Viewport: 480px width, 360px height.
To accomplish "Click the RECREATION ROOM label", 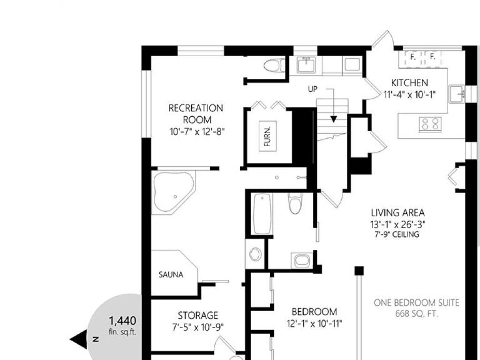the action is pyautogui.click(x=196, y=114).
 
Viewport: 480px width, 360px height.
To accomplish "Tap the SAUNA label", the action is pyautogui.click(x=171, y=275).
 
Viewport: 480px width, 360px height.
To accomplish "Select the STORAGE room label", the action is pyautogui.click(x=198, y=315).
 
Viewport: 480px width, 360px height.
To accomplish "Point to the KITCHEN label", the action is pyautogui.click(x=410, y=82).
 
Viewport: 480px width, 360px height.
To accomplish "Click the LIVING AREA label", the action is pyautogui.click(x=397, y=212).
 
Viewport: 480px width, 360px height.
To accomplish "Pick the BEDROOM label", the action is pyautogui.click(x=315, y=312).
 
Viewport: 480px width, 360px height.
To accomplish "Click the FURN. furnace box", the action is pyautogui.click(x=268, y=136).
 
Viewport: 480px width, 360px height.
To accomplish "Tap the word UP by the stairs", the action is pyautogui.click(x=313, y=89).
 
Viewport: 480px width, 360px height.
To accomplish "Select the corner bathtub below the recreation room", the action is pyautogui.click(x=173, y=192).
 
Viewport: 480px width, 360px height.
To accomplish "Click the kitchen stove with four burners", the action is pyautogui.click(x=430, y=125).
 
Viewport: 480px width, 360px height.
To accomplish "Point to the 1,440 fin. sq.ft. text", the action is pyautogui.click(x=122, y=325).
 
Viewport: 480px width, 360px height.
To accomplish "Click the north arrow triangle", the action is pyautogui.click(x=79, y=339).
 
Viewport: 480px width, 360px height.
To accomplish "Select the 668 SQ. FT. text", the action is pyautogui.click(x=416, y=314).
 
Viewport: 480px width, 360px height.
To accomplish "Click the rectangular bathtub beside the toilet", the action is pyautogui.click(x=262, y=213).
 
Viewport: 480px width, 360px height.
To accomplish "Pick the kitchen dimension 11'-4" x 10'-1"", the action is pyautogui.click(x=410, y=95).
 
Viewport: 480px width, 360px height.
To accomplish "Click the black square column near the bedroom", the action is pyautogui.click(x=359, y=271).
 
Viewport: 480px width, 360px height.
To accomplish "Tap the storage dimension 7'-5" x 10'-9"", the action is pyautogui.click(x=198, y=327).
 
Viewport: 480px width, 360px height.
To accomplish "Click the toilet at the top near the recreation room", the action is pyautogui.click(x=274, y=66).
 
